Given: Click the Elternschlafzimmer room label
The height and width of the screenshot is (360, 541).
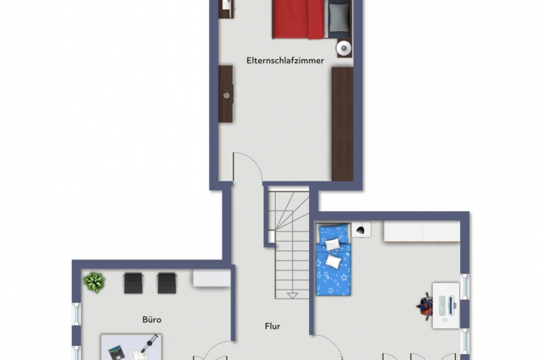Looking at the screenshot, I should pos(285,61).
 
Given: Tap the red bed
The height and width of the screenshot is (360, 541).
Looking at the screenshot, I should pos(298,19).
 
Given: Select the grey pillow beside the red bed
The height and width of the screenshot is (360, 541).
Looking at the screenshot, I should pos(339,18).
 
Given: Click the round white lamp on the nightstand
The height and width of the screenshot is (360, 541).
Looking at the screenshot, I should pos(344,48).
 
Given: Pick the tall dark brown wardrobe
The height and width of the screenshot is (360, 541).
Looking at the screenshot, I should pos(342,124).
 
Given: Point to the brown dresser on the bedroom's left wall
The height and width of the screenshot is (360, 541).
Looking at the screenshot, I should pos(225,93).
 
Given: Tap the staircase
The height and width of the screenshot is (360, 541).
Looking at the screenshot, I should pos(288,244).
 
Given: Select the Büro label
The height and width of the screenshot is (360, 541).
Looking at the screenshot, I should pos(152,319).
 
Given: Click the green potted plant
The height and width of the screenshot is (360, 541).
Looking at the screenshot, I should pos(94,282).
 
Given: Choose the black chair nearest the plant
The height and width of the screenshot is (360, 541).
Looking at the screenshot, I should pos(133,282).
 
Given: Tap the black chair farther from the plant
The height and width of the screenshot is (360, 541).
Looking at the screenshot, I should pos(167,282).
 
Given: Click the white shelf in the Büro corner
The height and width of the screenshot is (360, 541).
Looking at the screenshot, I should pos(211,278).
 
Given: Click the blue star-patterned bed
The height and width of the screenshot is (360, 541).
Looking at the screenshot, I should pos(333,259).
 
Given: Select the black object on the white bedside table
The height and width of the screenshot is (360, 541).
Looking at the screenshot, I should pos(361,230).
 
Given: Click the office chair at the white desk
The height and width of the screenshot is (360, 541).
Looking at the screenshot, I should pos(425,306).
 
